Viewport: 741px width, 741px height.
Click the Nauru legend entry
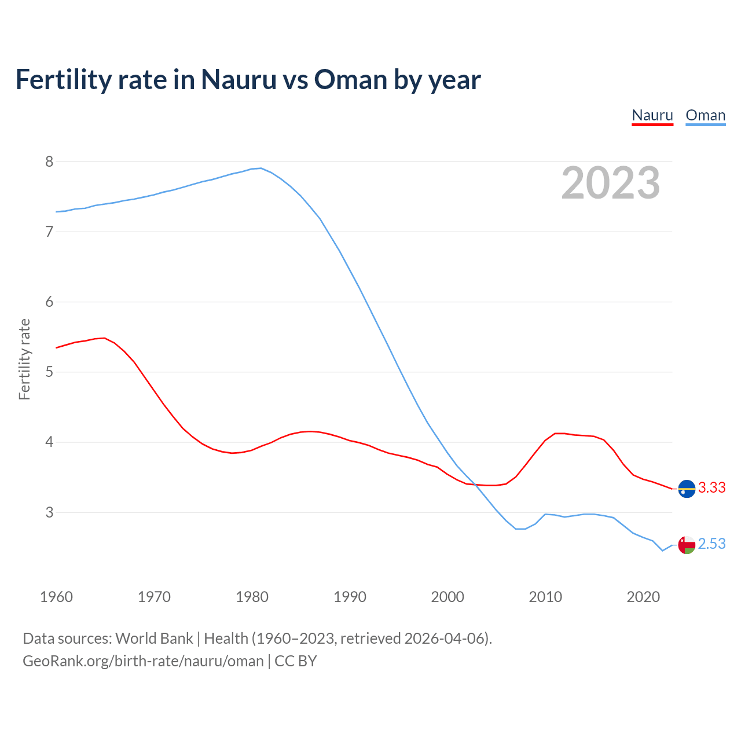[652, 115]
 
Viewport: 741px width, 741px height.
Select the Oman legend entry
[705, 115]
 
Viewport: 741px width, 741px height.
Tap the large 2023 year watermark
[610, 183]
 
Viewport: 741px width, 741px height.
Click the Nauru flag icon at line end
[687, 489]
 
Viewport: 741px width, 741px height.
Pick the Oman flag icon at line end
[687, 545]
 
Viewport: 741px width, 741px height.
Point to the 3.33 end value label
[711, 488]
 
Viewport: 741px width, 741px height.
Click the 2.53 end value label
[711, 544]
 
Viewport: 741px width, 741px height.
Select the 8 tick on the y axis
[49, 162]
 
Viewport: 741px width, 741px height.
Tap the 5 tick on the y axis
[49, 372]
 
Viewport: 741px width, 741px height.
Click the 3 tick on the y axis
[49, 513]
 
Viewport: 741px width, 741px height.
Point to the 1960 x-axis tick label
[56, 597]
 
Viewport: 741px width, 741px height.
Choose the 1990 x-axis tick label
[350, 597]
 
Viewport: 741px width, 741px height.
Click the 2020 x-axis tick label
[643, 597]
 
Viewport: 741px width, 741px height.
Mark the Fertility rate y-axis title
[24, 359]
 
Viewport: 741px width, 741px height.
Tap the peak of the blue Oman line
[261, 168]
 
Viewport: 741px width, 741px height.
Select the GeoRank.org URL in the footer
[143, 661]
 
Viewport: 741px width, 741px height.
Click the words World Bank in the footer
[154, 639]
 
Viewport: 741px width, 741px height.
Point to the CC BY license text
[296, 661]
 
